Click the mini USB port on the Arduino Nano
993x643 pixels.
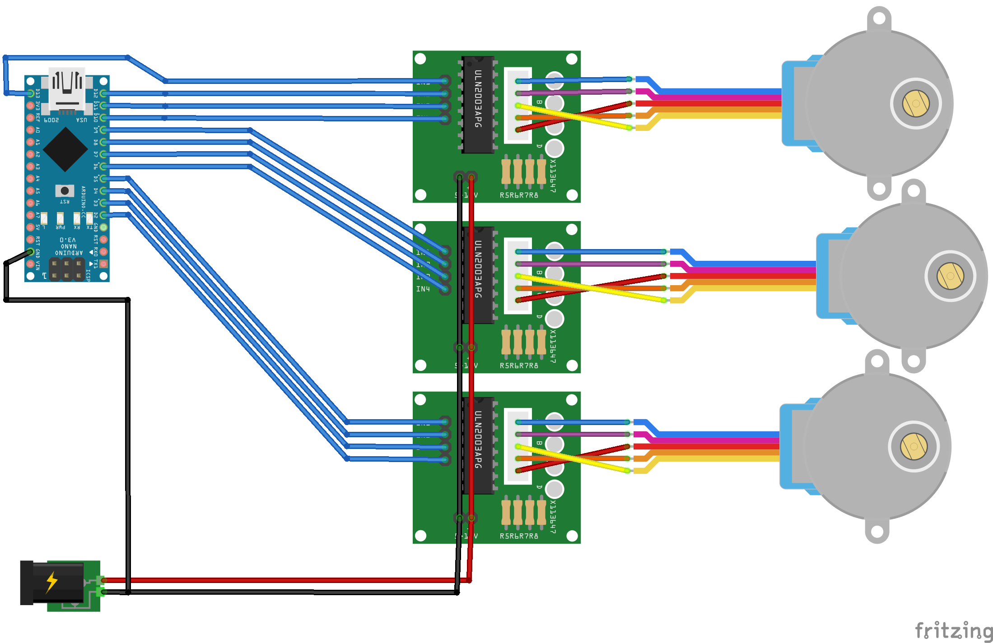(67, 88)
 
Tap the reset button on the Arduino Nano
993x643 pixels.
(65, 190)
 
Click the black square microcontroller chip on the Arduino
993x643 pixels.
(65, 149)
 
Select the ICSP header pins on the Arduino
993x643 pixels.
(66, 269)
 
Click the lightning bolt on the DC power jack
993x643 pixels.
(52, 582)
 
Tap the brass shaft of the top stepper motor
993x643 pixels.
(916, 103)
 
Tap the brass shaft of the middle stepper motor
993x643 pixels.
(950, 276)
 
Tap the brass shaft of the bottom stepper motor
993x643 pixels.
(914, 446)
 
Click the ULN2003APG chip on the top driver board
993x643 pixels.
(478, 105)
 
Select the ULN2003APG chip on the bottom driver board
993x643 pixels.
(478, 446)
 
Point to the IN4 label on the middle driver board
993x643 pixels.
(423, 289)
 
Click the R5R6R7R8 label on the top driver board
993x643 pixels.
(519, 195)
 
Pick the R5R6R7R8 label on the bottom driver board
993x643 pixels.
(519, 536)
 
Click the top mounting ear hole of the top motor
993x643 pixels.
(879, 19)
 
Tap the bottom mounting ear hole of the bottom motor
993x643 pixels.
(877, 531)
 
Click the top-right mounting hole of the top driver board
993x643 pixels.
(572, 59)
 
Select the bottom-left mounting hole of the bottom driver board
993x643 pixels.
(420, 536)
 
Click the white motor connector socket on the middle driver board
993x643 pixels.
(518, 276)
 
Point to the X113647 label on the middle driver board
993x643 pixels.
(553, 347)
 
